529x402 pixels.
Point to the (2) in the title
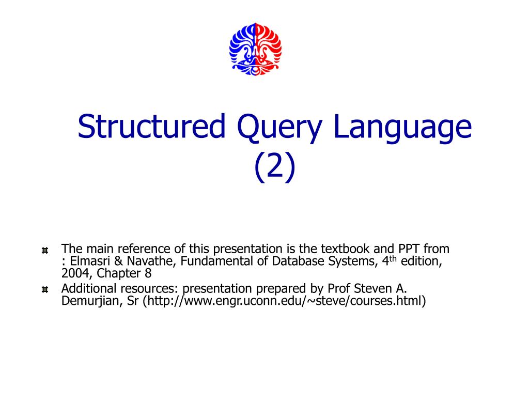(x=275, y=166)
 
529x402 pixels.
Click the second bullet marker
(x=45, y=290)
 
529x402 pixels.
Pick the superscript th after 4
(x=394, y=258)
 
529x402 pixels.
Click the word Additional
(x=86, y=288)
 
